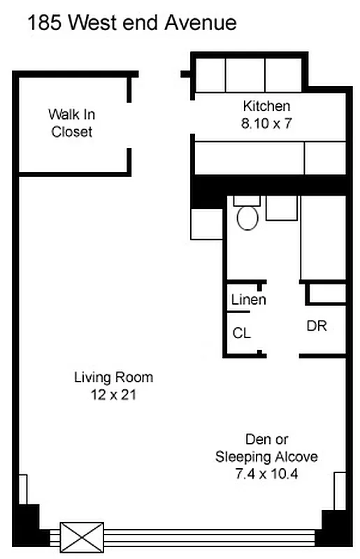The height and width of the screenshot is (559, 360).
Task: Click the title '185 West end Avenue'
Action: (131, 24)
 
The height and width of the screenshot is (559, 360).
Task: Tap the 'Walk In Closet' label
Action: (71, 122)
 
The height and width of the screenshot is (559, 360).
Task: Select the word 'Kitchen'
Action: (266, 106)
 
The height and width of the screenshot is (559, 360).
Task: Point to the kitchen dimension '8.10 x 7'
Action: (266, 122)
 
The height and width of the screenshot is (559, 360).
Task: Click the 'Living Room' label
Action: (113, 377)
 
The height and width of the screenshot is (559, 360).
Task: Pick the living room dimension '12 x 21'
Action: (113, 395)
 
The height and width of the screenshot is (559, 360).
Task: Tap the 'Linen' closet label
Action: (248, 300)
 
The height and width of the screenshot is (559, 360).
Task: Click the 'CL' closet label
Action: (242, 333)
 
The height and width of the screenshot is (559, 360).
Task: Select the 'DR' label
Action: (317, 326)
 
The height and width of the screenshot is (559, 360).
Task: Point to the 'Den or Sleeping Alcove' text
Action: (266, 448)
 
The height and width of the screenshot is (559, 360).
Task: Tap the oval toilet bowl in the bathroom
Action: (247, 217)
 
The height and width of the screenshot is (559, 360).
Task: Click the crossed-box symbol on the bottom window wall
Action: (82, 537)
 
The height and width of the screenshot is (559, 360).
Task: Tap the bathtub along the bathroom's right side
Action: (323, 238)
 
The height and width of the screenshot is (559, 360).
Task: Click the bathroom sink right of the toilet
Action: (282, 208)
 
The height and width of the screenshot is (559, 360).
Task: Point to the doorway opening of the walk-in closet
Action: (130, 126)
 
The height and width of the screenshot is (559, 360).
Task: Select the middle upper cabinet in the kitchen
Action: (245, 73)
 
